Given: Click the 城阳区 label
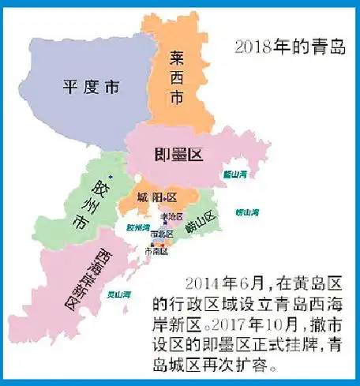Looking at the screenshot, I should (155, 196).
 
